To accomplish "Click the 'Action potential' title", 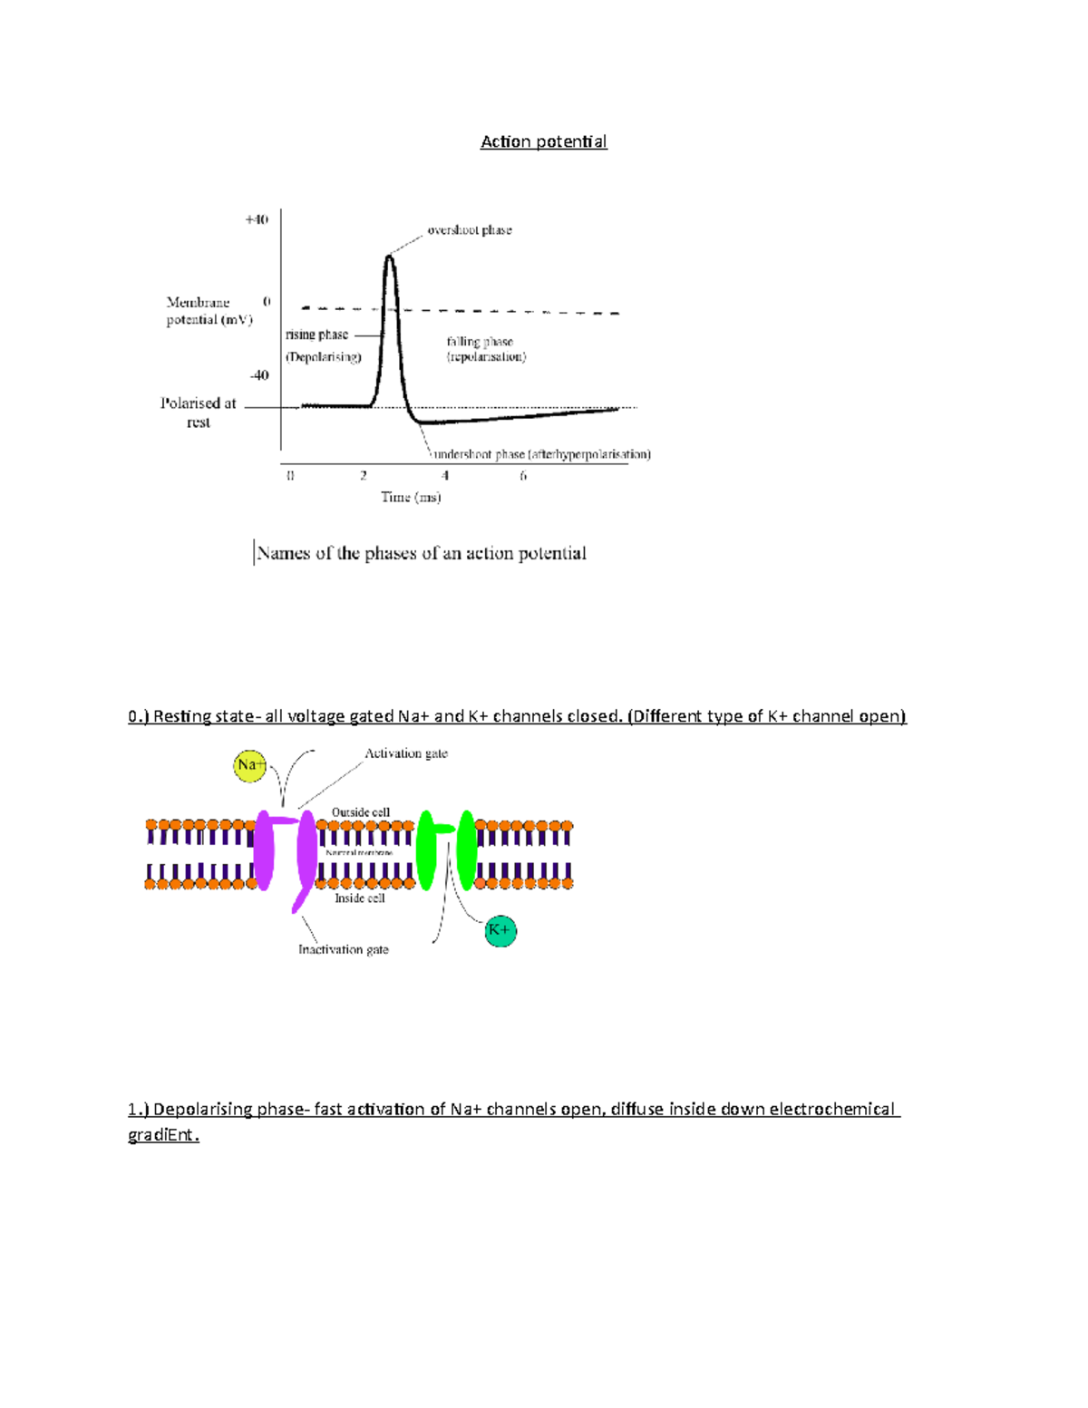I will [543, 141].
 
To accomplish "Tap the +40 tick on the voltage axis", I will [257, 219].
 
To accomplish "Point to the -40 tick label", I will [259, 375].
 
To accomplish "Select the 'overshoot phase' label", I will [470, 230].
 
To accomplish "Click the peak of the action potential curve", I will [389, 257].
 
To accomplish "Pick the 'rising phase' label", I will [316, 335].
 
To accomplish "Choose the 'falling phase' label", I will [480, 342].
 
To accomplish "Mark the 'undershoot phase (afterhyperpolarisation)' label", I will [542, 454].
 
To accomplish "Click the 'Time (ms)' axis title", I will [411, 497].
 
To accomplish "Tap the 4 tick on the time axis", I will [445, 476].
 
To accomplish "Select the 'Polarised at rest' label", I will [199, 413].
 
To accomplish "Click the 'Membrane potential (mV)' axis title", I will [209, 311].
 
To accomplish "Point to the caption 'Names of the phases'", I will [422, 553].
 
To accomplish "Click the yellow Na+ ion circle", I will [249, 765].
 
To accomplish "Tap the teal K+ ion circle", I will [500, 931].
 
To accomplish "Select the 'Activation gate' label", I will [406, 753].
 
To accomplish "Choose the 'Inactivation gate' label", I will [344, 949].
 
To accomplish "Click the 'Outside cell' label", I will [361, 812].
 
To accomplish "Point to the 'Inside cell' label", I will [360, 898].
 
